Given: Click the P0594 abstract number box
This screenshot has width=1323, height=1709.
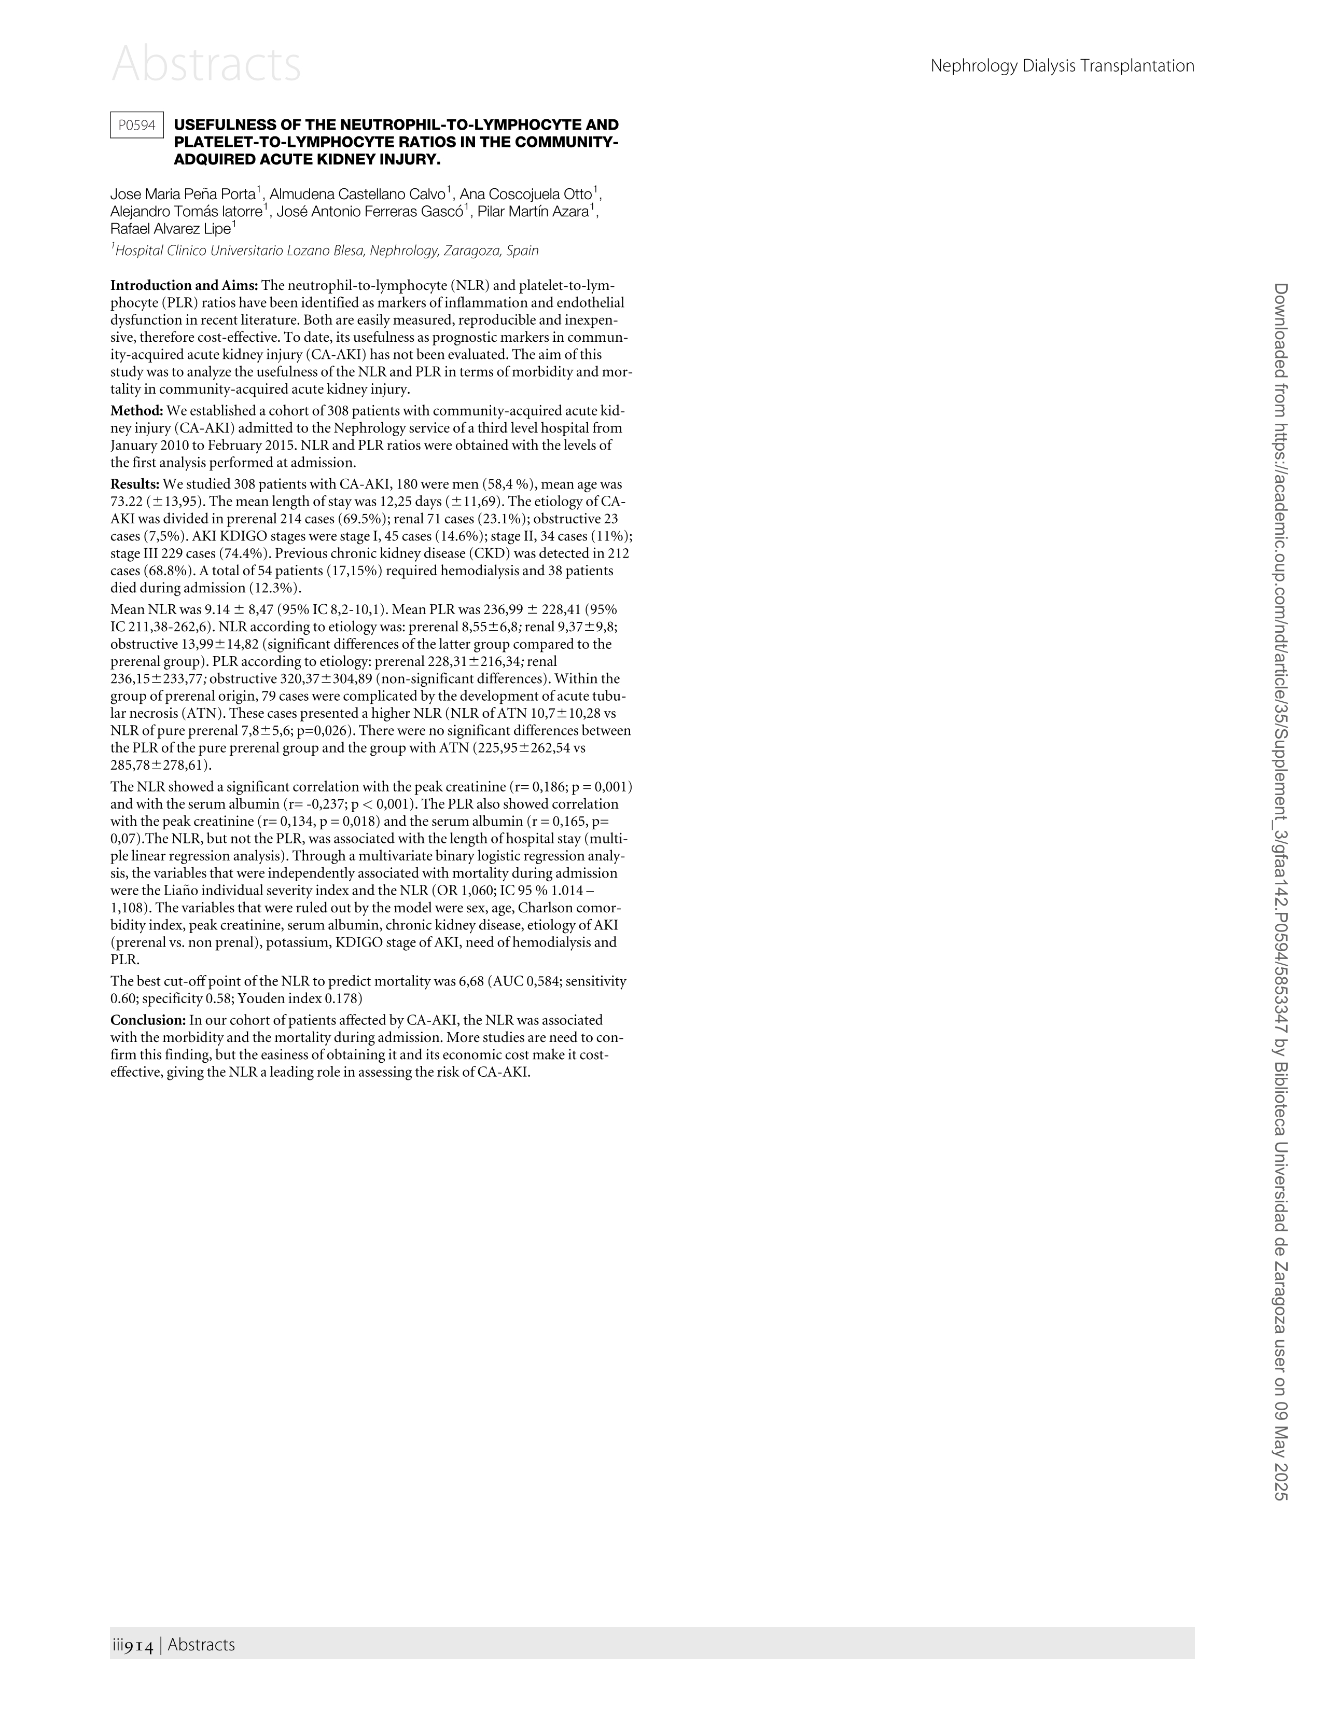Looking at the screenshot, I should (137, 125).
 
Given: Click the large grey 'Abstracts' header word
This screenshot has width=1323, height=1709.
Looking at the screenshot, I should (206, 64).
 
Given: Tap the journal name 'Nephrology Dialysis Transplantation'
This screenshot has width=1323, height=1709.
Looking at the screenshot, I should (1062, 66).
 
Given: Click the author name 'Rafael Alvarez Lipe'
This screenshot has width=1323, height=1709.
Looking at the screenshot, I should (171, 229).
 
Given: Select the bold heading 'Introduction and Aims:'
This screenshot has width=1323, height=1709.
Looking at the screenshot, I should (184, 286).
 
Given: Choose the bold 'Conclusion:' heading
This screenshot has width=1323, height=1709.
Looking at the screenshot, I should (148, 1020).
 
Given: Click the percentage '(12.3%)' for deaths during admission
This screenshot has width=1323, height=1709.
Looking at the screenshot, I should (275, 588).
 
